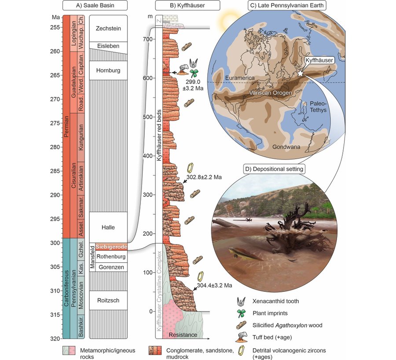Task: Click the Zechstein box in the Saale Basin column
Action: pyautogui.click(x=108, y=28)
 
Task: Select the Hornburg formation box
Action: pyautogui.click(x=108, y=70)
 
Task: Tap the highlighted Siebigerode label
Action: pyautogui.click(x=111, y=246)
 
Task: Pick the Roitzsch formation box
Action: pyautogui.click(x=108, y=301)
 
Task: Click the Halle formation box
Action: pyautogui.click(x=108, y=227)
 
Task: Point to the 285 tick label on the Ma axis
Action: pyautogui.click(x=56, y=171)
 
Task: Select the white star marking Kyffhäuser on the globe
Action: pyautogui.click(x=300, y=73)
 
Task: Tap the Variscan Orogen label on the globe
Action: pyautogui.click(x=271, y=93)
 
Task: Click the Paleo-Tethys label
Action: pyautogui.click(x=318, y=107)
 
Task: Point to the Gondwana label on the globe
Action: pyautogui.click(x=286, y=147)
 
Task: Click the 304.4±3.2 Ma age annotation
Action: pyautogui.click(x=214, y=286)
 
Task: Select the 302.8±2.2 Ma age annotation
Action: pyautogui.click(x=204, y=177)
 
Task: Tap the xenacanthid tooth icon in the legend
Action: pyautogui.click(x=242, y=301)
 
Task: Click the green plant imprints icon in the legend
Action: pyautogui.click(x=242, y=313)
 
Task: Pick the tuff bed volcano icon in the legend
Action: pyautogui.click(x=242, y=337)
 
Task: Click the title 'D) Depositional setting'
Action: pyautogui.click(x=274, y=169)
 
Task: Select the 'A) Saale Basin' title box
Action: pyautogui.click(x=95, y=5)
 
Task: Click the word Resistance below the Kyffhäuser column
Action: pyautogui.click(x=183, y=335)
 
